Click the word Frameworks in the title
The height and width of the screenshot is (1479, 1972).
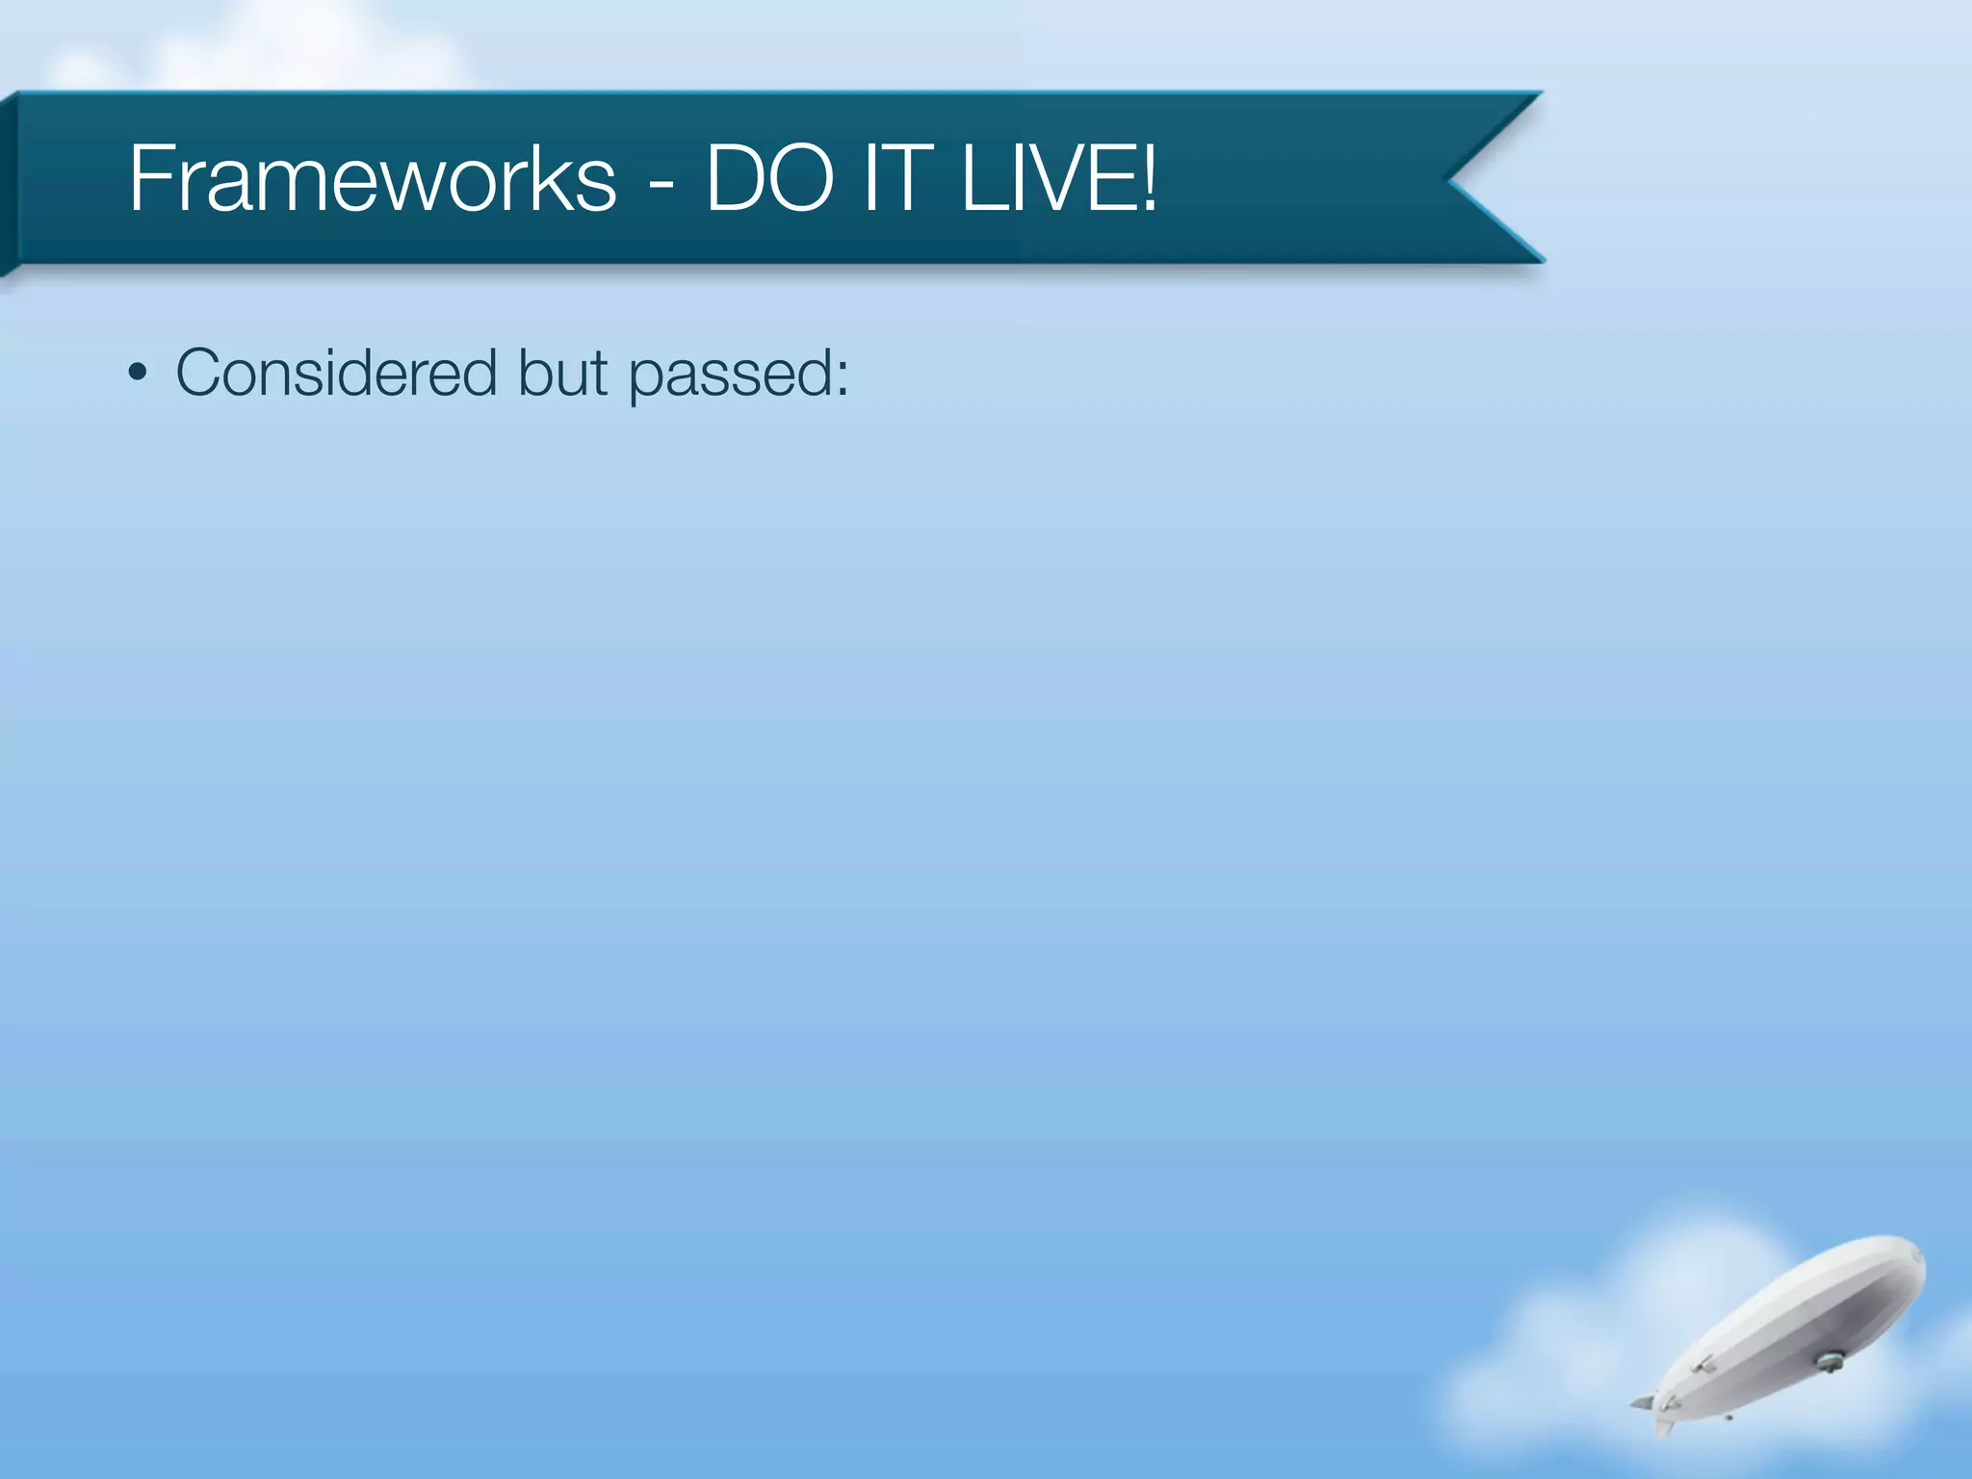[x=372, y=179]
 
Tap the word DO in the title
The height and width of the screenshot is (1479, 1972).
[x=769, y=179]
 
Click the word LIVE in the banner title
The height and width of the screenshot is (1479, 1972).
[x=1046, y=179]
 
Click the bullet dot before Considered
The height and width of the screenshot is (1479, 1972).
[x=138, y=374]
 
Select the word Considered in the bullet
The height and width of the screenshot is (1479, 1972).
[x=336, y=374]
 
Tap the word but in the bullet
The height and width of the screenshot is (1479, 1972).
[x=562, y=374]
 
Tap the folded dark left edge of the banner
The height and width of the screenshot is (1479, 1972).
[x=8, y=183]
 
